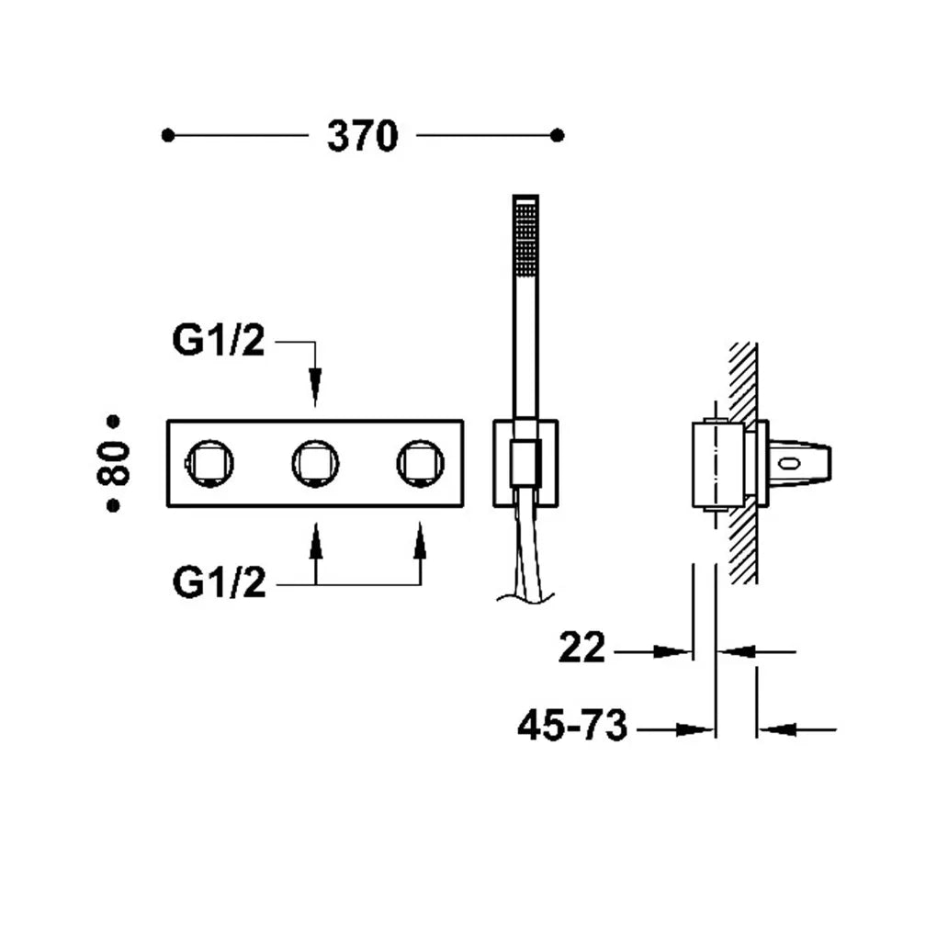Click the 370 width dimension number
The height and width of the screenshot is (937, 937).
click(x=362, y=136)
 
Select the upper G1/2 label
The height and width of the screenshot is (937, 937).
click(x=218, y=340)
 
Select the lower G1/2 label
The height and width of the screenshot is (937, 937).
click(x=219, y=582)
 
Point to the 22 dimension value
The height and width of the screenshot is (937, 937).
click(x=582, y=647)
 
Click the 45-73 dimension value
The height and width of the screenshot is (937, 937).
click(x=572, y=725)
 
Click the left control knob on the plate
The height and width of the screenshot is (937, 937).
click(x=209, y=463)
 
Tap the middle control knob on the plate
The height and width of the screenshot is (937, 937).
click(x=315, y=463)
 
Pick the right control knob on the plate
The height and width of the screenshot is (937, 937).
click(x=420, y=463)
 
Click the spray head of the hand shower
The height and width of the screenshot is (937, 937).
click(x=525, y=239)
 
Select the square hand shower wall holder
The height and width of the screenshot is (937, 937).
click(x=525, y=464)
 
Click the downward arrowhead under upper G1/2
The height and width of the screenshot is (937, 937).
click(x=315, y=388)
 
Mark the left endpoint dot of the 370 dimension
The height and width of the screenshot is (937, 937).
click(x=168, y=136)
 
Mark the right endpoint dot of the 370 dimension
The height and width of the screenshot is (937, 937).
click(x=557, y=136)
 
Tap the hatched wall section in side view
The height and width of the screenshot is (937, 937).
click(x=743, y=463)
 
